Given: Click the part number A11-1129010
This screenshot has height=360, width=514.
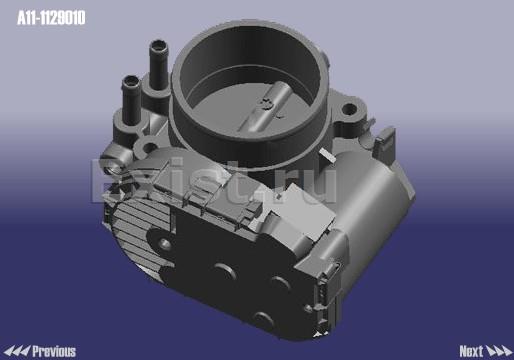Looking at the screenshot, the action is pos(51,18).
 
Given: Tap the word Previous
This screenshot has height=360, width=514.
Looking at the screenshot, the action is pos(54,351).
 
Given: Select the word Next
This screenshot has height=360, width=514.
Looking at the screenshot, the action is pos(471,351).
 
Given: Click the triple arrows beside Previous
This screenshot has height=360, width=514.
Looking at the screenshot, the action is pos(17,351).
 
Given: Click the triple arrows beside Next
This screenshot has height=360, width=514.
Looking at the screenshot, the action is pos(499,351).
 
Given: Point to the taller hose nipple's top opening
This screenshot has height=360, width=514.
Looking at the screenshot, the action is pos(158,45).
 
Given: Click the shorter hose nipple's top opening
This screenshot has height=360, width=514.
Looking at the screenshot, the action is pos(131,81).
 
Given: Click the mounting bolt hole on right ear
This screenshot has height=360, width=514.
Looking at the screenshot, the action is pos(349,108).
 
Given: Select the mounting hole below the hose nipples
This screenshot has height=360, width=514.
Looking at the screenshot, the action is pos(150,147).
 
